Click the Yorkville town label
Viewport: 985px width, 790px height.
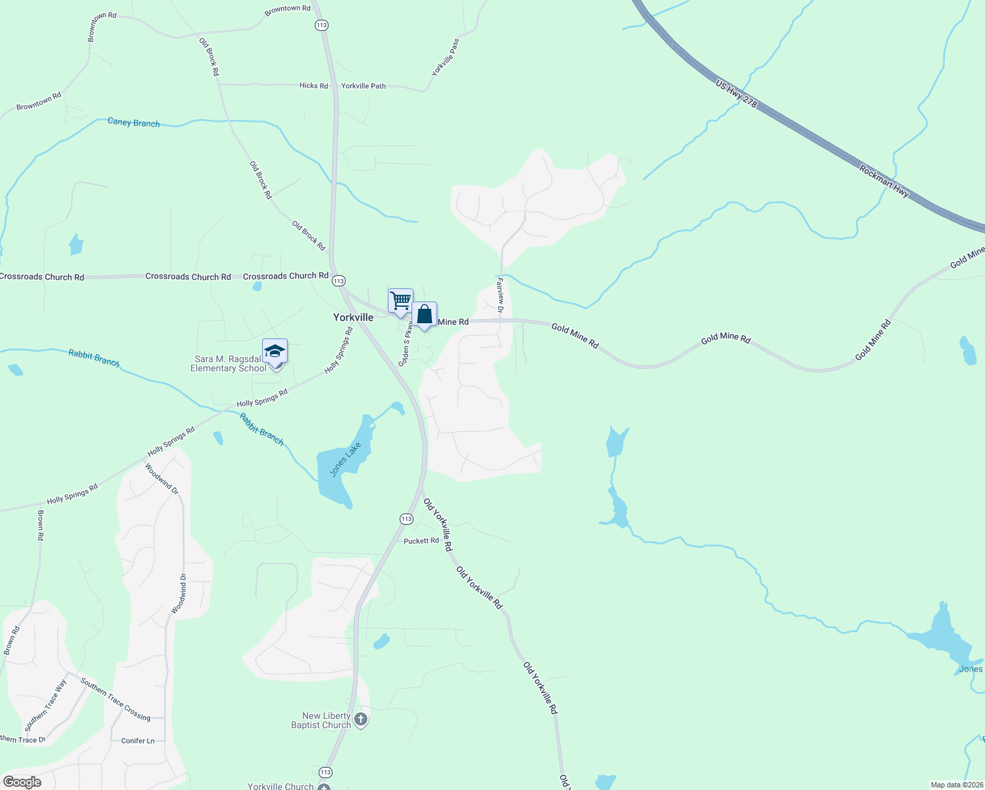pyautogui.click(x=353, y=317)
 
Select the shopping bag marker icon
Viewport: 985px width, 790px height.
pyautogui.click(x=425, y=314)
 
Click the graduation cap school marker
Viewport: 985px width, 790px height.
pyautogui.click(x=275, y=352)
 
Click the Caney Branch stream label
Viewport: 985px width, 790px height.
pyautogui.click(x=134, y=122)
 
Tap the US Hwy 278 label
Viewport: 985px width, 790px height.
pyautogui.click(x=736, y=95)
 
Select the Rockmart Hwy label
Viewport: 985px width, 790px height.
pyautogui.click(x=884, y=181)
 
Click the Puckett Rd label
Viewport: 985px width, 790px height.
pyautogui.click(x=421, y=541)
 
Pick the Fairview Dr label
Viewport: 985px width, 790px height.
pyautogui.click(x=500, y=296)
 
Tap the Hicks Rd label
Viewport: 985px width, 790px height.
pyautogui.click(x=313, y=86)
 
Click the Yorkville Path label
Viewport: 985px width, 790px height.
pyautogui.click(x=363, y=86)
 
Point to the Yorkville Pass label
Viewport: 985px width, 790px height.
pyautogui.click(x=446, y=57)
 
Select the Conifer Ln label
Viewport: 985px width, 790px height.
pyautogui.click(x=138, y=741)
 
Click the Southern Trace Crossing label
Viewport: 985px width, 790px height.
pyautogui.click(x=115, y=698)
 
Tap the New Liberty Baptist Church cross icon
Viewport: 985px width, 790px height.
pyautogui.click(x=361, y=720)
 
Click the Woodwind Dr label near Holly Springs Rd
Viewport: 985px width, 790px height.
pyautogui.click(x=162, y=479)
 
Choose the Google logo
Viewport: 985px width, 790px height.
pyautogui.click(x=22, y=781)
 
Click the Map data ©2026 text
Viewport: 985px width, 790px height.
pyautogui.click(x=955, y=785)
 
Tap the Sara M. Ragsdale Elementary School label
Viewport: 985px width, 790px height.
pyautogui.click(x=228, y=363)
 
